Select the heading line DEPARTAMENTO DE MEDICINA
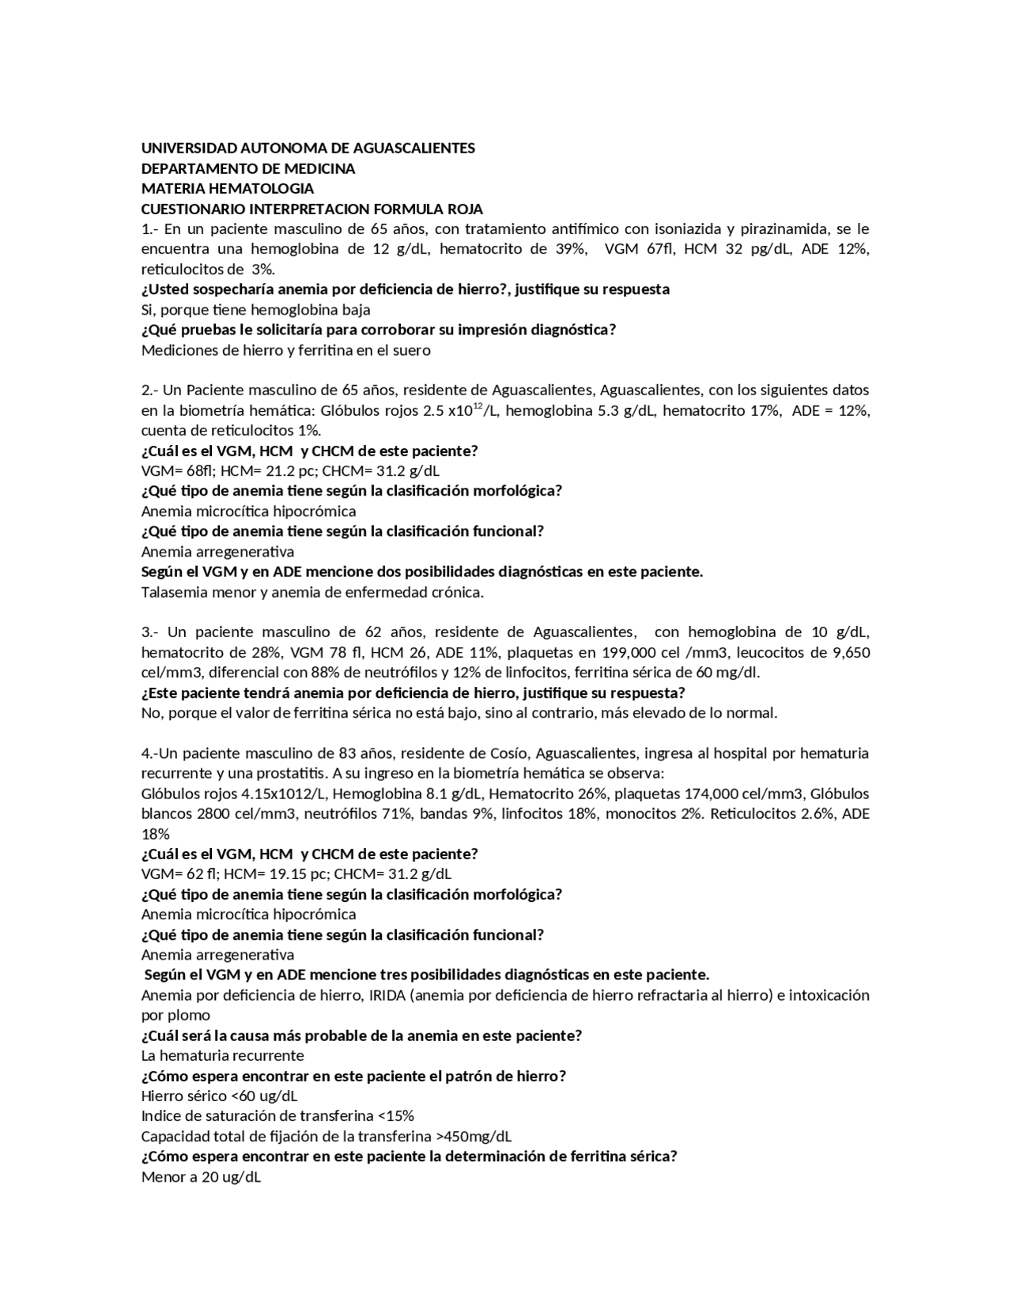(247, 169)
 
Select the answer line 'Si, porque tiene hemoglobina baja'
(255, 310)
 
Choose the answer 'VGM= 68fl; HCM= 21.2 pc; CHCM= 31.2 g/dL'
(290, 471)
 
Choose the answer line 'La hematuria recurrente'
(222, 1056)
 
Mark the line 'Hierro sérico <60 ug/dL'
(219, 1096)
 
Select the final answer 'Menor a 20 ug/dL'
(201, 1177)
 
